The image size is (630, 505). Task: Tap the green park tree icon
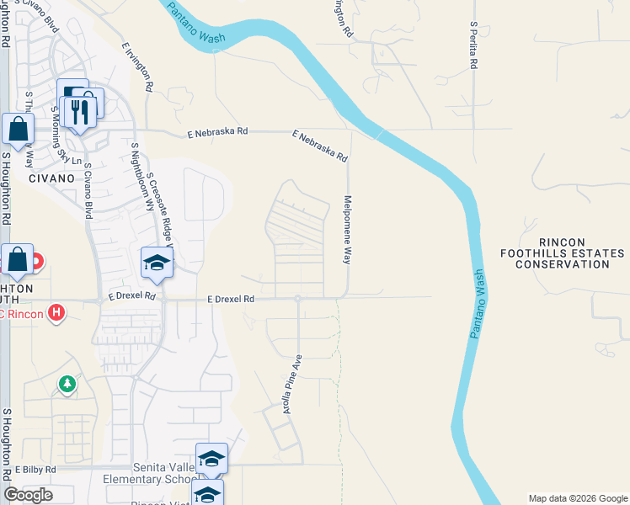[67, 384]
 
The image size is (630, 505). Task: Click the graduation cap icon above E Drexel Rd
[156, 264]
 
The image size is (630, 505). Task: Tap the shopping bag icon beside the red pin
[16, 262]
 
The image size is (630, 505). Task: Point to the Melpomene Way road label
[346, 230]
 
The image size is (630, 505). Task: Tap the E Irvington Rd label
[136, 67]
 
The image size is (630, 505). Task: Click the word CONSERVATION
[562, 264]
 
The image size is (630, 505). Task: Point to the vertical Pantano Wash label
[477, 304]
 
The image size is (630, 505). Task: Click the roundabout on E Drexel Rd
[297, 298]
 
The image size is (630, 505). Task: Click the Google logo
[28, 495]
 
